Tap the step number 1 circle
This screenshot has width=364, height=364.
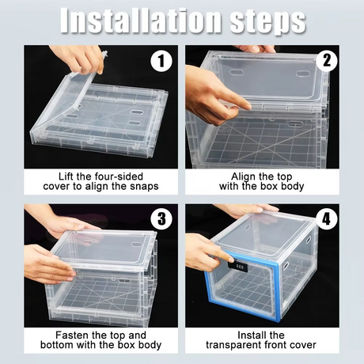(163, 62)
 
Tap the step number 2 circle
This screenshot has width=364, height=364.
(326, 62)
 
